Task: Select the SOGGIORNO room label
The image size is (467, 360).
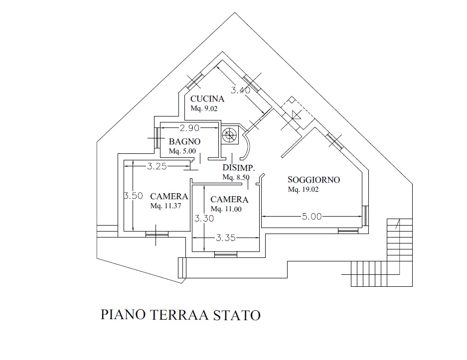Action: (x=314, y=180)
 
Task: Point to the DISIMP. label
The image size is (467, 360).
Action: (x=239, y=168)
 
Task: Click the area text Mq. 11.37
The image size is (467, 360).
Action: (x=166, y=206)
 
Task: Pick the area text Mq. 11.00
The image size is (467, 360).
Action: (x=226, y=210)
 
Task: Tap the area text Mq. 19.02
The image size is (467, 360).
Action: (x=303, y=190)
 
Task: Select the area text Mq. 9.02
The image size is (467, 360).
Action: (x=204, y=108)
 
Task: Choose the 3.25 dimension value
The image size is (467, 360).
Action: (x=156, y=166)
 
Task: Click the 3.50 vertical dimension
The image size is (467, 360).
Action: (x=133, y=196)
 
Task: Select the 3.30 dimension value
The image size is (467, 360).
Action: (x=204, y=219)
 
